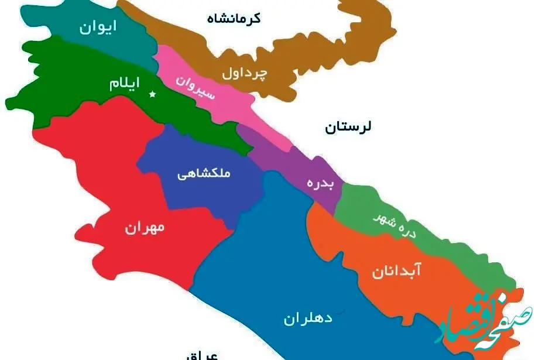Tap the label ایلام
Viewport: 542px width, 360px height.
pyautogui.click(x=124, y=84)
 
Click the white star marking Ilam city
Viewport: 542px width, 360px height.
pyautogui.click(x=153, y=94)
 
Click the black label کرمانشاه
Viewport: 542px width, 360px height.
pyautogui.click(x=234, y=18)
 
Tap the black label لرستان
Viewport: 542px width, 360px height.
pyautogui.click(x=348, y=127)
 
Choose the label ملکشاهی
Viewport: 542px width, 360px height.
pyautogui.click(x=204, y=174)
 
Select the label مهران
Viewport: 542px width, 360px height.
pyautogui.click(x=145, y=228)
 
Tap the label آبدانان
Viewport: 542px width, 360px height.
pyautogui.click(x=396, y=271)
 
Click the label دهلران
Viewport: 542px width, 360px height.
pyautogui.click(x=308, y=318)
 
